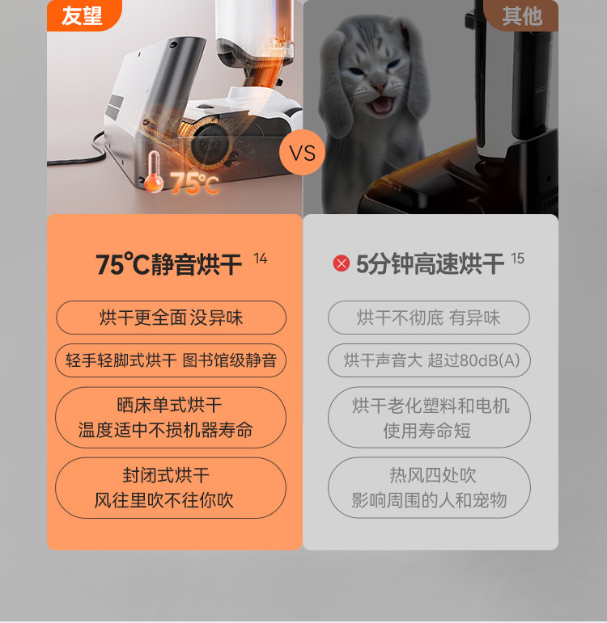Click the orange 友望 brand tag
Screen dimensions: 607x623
click(83, 15)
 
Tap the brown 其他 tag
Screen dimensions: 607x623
click(521, 15)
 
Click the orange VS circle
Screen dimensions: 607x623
click(302, 153)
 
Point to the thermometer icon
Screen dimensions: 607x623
click(154, 172)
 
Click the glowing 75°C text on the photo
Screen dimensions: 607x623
click(194, 183)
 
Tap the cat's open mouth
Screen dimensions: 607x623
click(380, 105)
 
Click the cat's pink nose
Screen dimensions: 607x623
click(380, 86)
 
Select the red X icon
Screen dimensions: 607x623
click(341, 263)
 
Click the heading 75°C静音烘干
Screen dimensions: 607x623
click(169, 264)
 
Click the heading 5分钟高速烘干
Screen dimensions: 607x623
click(430, 264)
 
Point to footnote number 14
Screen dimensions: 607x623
click(261, 259)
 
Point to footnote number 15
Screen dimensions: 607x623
click(517, 259)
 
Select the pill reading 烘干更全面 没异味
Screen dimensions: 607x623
click(171, 318)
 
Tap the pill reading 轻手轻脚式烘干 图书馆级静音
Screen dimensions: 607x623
click(171, 360)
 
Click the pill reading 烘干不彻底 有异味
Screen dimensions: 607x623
click(429, 318)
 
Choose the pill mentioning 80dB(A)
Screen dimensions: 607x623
click(429, 360)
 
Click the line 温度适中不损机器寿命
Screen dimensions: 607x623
click(166, 431)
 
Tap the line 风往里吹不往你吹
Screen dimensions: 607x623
click(163, 500)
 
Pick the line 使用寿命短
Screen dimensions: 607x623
click(427, 431)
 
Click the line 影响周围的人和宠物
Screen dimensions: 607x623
click(429, 500)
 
